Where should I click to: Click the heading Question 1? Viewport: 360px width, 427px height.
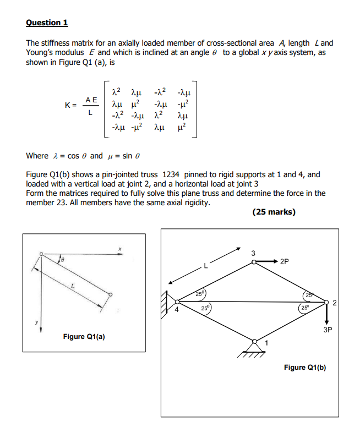(47, 23)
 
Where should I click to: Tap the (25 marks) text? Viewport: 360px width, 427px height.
(274, 212)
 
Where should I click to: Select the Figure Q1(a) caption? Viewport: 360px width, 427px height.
(84, 336)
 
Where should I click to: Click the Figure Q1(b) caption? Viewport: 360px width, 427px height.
(305, 367)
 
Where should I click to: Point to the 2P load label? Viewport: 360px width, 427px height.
(284, 262)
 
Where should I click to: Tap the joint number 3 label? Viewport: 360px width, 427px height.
(253, 253)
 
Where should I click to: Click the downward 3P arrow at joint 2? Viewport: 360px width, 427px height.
(326, 314)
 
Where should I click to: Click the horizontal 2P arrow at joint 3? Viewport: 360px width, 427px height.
(267, 262)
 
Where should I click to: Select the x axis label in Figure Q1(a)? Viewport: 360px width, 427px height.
(118, 249)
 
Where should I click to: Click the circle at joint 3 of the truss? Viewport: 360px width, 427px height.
(254, 263)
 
